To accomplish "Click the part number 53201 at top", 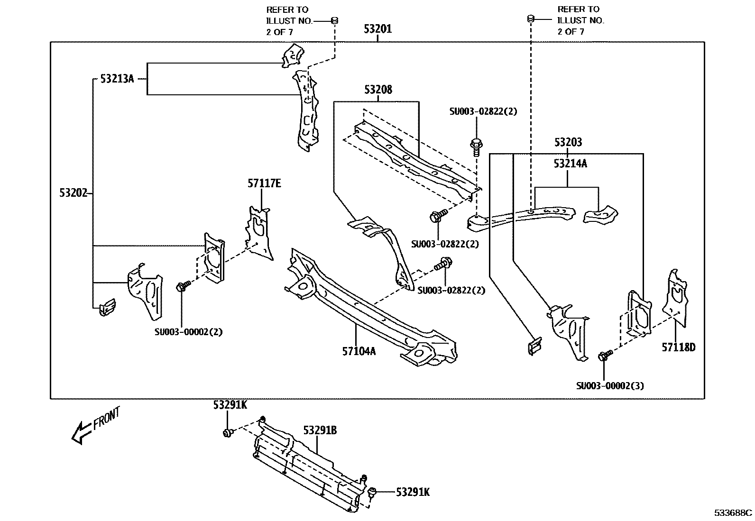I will coord(377,29).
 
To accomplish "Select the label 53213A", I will coord(117,79).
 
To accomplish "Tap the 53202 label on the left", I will coord(74,192).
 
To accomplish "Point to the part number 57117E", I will coord(264,183).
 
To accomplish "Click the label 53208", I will coord(378,90).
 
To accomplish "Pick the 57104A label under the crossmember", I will coord(359,351).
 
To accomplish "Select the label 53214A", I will coord(570,164).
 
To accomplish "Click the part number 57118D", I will coord(678,347).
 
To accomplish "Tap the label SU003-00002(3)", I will coord(610,385).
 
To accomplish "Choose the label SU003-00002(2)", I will coord(188,332).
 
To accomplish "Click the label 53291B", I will coord(320,430).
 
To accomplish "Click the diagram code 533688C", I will coord(733,513).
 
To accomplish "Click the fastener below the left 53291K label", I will coord(228,432).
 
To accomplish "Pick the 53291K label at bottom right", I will coord(413,492).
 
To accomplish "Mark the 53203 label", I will coord(568,142).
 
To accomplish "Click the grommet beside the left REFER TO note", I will coord(334,20).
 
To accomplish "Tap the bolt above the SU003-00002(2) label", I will coord(183,286).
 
